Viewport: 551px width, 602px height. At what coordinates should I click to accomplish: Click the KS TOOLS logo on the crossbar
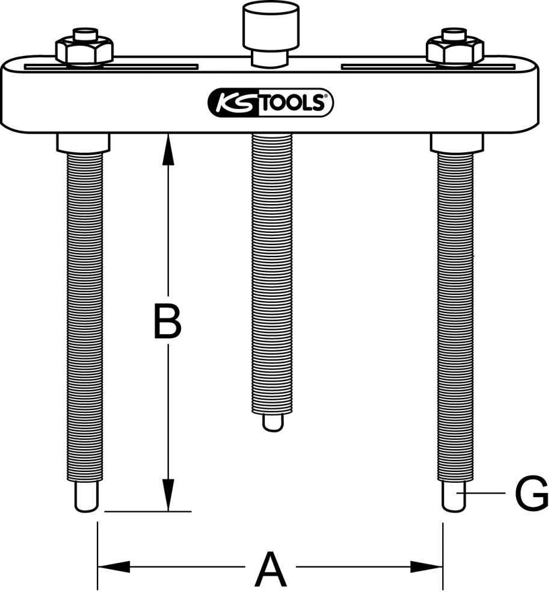271,102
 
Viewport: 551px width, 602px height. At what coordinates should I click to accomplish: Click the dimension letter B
167,321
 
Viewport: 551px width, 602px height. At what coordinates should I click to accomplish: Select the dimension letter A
271,569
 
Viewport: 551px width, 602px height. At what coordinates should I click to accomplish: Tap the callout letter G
532,494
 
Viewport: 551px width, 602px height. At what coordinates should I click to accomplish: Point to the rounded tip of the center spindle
273,423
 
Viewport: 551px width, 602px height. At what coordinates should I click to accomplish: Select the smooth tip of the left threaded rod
87,497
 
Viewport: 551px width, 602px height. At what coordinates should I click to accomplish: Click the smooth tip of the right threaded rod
455,497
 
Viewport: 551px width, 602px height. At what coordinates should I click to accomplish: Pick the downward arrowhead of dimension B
168,495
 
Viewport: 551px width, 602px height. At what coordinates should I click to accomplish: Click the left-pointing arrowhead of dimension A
114,566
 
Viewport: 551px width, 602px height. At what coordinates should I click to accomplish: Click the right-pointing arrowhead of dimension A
426,566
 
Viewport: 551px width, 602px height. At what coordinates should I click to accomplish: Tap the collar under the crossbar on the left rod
84,143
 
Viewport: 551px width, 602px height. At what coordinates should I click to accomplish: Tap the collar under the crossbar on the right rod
457,143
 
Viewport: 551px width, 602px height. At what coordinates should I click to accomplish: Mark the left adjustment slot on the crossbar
111,67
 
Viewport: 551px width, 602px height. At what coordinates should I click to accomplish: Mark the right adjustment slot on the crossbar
428,67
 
